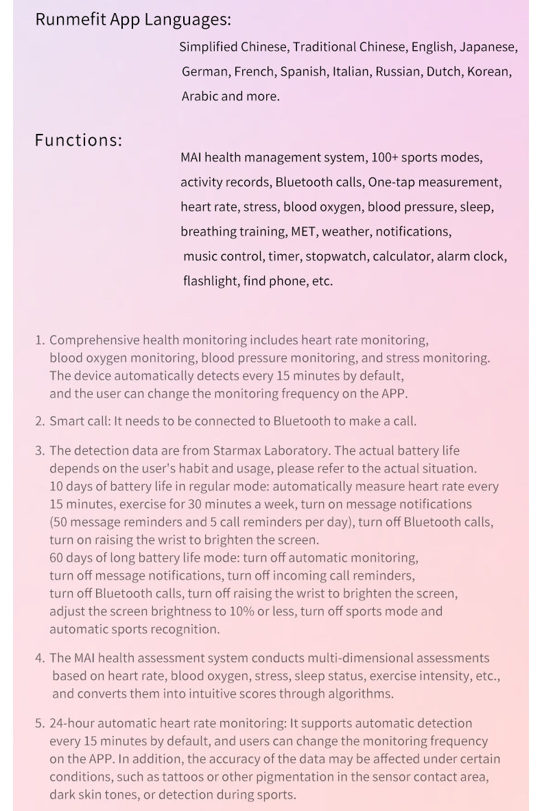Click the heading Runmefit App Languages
coord(133,19)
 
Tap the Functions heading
coord(78,140)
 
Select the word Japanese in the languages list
coord(488,47)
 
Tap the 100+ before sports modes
coord(384,158)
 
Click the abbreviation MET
coord(303,231)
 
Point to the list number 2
coord(40,421)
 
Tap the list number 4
coord(40,658)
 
